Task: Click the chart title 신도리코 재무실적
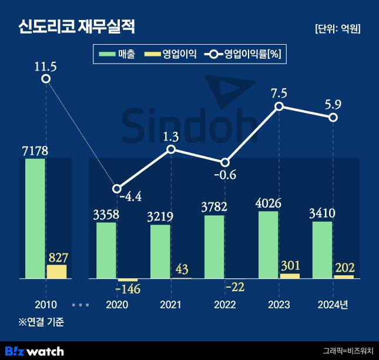[76, 26]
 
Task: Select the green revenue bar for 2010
[36, 218]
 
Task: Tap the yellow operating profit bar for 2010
[56, 271]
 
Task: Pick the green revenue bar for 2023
[268, 245]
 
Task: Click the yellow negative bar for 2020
[128, 279]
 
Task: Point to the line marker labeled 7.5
[279, 106]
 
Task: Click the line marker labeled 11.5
[46, 78]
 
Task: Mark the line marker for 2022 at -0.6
[225, 162]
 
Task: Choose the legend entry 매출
[118, 55]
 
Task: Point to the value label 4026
[269, 203]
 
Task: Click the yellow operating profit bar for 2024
[344, 276]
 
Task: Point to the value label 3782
[214, 207]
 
